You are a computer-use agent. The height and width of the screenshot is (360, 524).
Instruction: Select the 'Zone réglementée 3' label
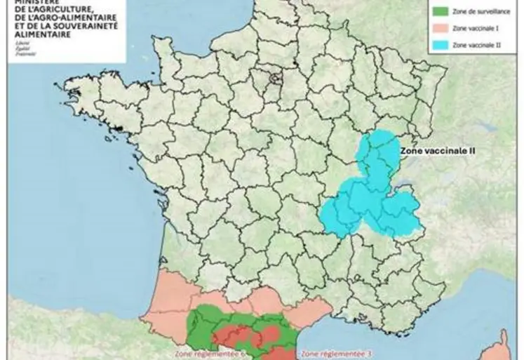[x=334, y=353]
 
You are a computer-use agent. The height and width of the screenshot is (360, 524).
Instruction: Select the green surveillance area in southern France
[x=210, y=319]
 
